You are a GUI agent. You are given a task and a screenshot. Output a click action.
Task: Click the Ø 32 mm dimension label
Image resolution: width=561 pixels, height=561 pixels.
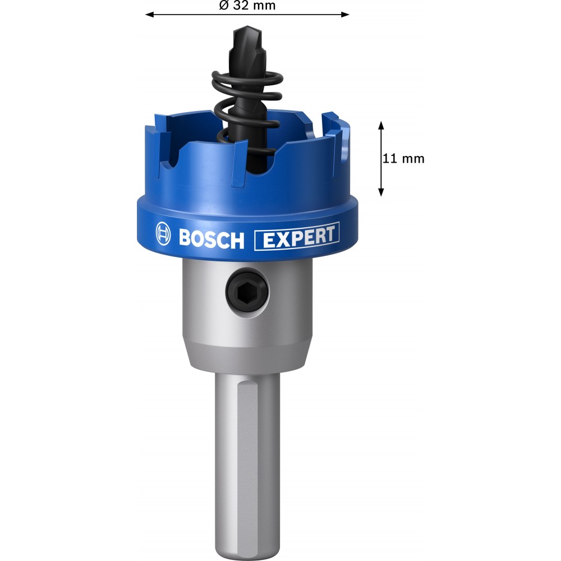coord(247,6)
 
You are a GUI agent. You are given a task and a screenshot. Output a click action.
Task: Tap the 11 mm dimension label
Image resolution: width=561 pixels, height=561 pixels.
coord(403,159)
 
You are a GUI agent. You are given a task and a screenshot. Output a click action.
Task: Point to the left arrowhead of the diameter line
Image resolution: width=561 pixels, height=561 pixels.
coord(150,15)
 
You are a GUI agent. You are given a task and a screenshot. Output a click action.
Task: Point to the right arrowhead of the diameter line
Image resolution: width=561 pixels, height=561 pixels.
coord(345,15)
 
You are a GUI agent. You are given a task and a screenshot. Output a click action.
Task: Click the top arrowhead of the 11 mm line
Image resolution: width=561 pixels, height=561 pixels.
coord(381,125)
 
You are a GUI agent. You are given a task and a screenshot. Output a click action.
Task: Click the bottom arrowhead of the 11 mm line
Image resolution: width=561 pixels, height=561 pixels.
coord(381,192)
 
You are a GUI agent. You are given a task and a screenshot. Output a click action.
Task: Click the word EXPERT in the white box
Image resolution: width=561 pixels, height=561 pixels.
coord(299,237)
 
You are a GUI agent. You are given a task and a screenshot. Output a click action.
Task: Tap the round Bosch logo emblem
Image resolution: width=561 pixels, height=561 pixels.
coord(163,233)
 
